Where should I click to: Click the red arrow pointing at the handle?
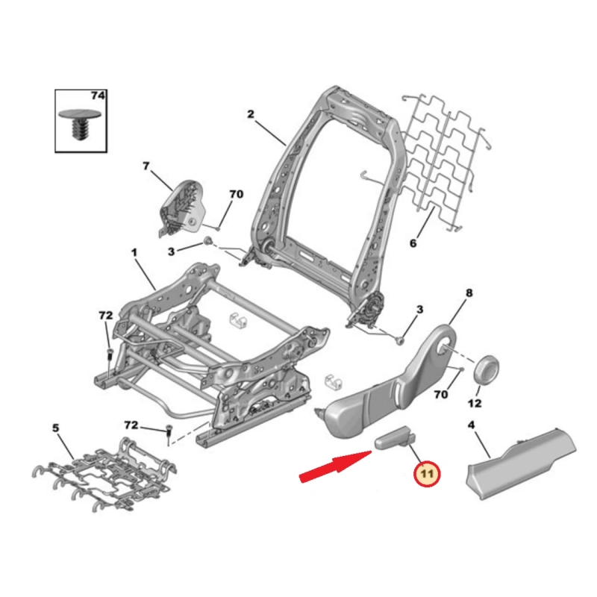[x=335, y=466]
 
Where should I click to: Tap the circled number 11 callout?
[x=427, y=474]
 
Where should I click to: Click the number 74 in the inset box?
[x=98, y=96]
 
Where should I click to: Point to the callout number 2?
[x=250, y=114]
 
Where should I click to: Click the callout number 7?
[x=146, y=166]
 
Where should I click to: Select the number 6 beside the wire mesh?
[x=413, y=243]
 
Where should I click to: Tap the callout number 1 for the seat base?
[x=134, y=252]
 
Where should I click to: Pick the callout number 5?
[x=55, y=428]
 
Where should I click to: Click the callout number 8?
[x=469, y=293]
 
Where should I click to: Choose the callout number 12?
[x=475, y=403]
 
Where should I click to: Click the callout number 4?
[x=471, y=425]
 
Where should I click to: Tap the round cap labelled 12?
[x=487, y=369]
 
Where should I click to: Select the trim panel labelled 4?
[x=521, y=463]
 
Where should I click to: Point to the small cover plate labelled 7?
[x=182, y=208]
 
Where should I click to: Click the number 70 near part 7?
[x=236, y=194]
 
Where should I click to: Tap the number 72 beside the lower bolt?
[x=131, y=425]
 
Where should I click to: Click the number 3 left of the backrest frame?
[x=172, y=251]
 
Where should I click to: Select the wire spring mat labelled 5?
[x=104, y=475]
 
